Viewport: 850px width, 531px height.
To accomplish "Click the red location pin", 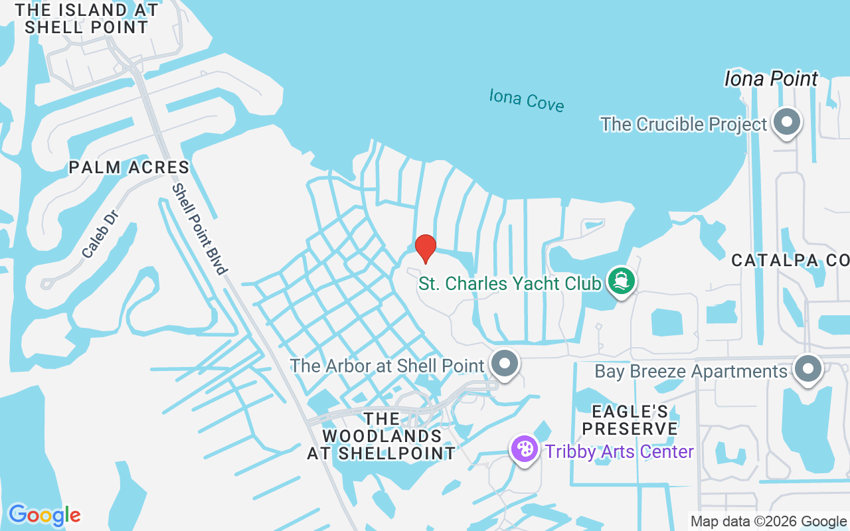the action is point(425,248).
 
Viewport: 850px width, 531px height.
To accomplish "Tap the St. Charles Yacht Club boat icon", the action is point(622,281).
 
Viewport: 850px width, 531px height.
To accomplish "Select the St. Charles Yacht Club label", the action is point(509,284).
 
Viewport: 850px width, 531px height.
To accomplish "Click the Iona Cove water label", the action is point(527,100).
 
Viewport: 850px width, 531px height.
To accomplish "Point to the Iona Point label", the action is point(771,79).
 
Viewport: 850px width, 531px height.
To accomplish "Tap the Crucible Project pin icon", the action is point(788,123).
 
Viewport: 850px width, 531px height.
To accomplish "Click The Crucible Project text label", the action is point(683,124).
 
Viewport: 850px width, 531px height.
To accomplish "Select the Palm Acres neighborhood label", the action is point(129,167).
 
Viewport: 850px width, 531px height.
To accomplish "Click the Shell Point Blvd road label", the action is point(200,229).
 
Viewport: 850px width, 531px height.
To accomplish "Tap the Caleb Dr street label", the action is point(100,234).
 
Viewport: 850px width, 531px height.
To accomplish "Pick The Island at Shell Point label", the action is point(86,19).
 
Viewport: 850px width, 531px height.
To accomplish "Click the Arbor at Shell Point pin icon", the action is point(505,364).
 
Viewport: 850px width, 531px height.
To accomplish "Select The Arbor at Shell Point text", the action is point(387,366).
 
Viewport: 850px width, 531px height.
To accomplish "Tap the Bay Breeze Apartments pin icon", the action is point(808,368).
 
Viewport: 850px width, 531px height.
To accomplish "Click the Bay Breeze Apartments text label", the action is point(691,371).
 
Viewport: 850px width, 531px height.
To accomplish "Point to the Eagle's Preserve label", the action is point(630,420).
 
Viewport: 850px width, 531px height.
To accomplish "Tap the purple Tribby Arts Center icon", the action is point(524,449).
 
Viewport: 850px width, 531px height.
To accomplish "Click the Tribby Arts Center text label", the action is point(620,452).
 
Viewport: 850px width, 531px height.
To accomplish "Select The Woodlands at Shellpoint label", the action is point(381,436).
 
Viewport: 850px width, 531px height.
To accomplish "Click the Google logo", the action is point(44,514).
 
